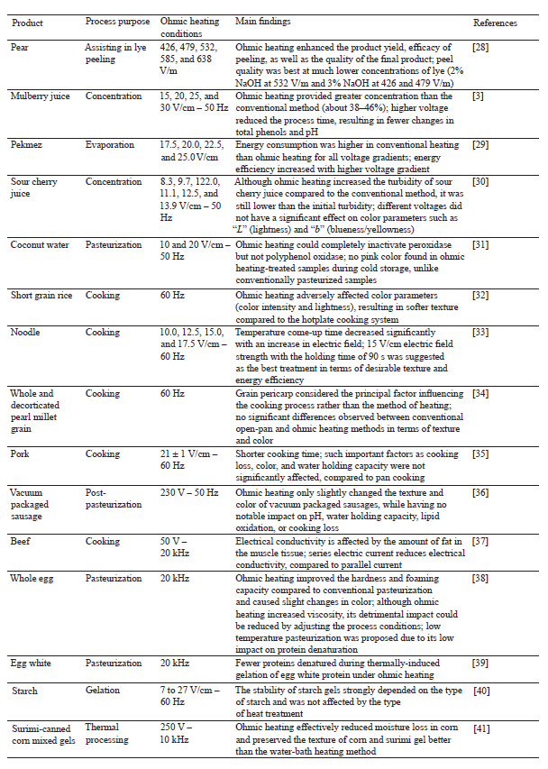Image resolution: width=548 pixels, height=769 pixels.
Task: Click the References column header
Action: (493, 21)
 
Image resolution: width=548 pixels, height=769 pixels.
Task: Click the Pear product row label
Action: (18, 45)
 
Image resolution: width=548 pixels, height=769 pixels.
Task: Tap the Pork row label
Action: (19, 453)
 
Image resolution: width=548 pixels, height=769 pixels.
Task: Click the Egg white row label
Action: (31, 664)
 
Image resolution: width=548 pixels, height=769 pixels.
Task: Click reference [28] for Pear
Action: (482, 45)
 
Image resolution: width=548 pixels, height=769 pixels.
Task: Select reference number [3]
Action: (479, 96)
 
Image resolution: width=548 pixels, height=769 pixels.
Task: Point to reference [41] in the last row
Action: (482, 727)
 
